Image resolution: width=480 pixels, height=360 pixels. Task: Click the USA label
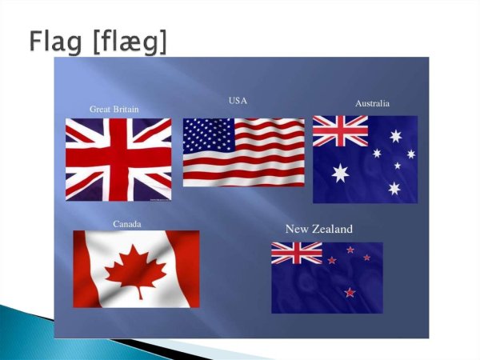coord(238,101)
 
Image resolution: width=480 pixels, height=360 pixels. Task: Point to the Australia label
coord(372,104)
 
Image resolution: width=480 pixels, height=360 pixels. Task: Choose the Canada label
coord(127,224)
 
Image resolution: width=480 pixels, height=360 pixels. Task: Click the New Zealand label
coord(318,230)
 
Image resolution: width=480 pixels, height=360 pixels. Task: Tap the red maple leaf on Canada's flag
coord(136,270)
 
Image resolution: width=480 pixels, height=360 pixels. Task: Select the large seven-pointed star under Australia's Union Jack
coord(341,173)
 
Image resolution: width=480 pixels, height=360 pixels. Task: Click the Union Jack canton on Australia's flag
coord(340,131)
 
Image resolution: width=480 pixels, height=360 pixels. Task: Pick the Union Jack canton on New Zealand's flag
coord(296,254)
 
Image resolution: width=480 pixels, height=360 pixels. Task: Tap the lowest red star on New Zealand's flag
coord(350,293)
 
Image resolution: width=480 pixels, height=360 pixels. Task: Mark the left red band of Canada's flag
coord(89,269)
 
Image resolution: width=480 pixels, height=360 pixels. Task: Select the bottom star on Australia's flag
coord(394,189)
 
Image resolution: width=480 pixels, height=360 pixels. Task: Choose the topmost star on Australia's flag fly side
coord(395,136)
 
